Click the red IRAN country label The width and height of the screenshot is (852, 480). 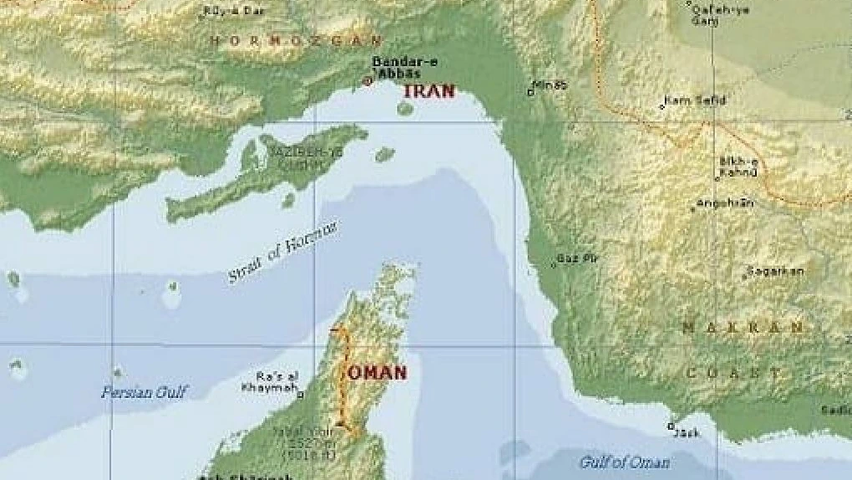click(429, 91)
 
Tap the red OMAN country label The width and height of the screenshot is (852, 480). click(377, 373)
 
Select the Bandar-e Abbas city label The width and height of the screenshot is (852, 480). click(397, 67)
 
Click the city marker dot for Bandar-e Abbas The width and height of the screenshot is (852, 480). click(367, 81)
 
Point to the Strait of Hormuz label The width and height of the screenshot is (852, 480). click(284, 252)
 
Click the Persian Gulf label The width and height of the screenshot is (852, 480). click(145, 391)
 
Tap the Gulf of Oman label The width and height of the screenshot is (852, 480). click(625, 462)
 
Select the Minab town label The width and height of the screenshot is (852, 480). click(550, 85)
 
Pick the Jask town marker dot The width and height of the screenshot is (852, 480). click(671, 426)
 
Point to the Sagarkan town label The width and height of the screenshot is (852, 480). click(776, 271)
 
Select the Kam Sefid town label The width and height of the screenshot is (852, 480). click(695, 101)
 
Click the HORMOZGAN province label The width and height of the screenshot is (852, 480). click(296, 40)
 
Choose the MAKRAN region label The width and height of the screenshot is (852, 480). click(743, 327)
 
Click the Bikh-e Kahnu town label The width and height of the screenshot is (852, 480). click(738, 167)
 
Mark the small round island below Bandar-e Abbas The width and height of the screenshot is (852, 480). click(405, 108)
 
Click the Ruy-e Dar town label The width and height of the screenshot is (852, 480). click(224, 12)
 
